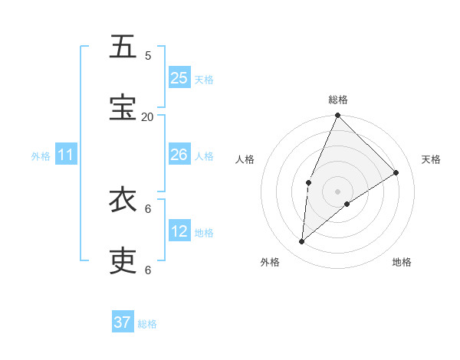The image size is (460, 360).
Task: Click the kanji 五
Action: tap(123, 47)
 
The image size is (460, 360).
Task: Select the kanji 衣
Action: tap(123, 200)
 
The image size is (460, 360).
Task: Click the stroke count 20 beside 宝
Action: tap(147, 116)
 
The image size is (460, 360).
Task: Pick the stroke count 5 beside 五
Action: tap(148, 55)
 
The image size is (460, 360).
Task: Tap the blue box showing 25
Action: tap(179, 78)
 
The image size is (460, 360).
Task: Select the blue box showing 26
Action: tap(179, 155)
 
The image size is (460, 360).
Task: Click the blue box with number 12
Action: tap(179, 231)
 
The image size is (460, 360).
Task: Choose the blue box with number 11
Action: tap(66, 155)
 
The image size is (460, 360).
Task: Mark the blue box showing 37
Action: tap(123, 322)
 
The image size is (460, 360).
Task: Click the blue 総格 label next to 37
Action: tap(147, 324)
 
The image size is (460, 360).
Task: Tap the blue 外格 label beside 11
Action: tap(41, 156)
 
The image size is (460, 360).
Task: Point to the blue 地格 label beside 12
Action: tap(204, 233)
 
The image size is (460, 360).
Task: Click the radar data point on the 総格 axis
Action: tap(337, 116)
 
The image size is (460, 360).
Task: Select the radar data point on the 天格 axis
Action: tap(396, 173)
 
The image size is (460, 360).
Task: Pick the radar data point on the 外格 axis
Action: tap(302, 242)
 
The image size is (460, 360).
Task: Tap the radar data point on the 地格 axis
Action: tap(347, 204)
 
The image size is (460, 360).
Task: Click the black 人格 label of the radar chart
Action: tap(245, 159)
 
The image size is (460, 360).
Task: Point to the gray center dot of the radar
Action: tap(337, 191)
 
